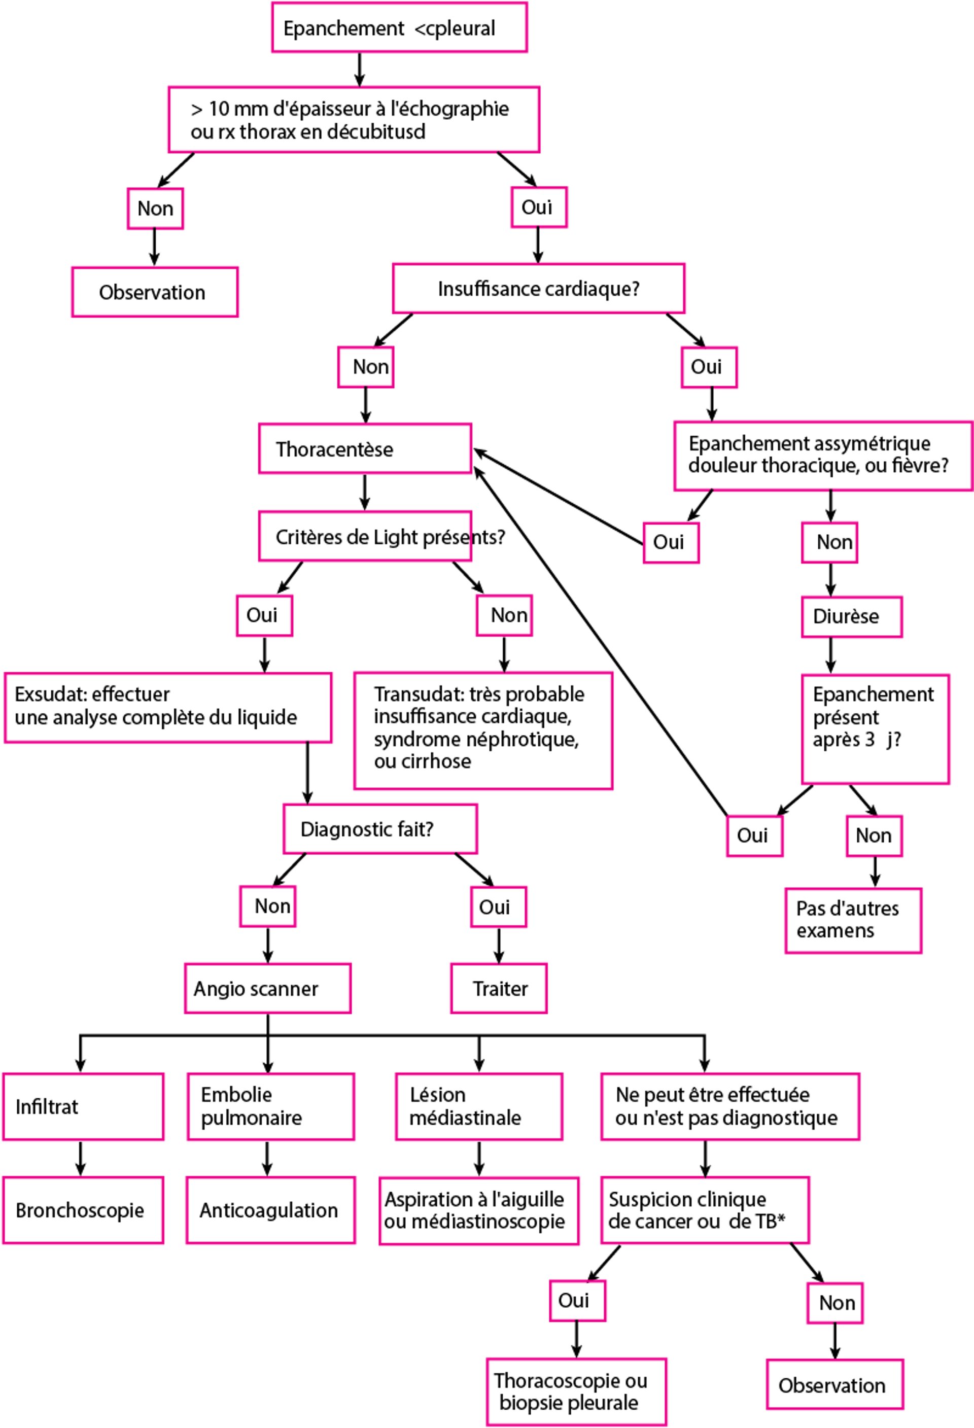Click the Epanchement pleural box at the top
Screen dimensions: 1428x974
[x=399, y=28]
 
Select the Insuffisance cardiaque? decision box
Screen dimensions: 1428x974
[x=538, y=289]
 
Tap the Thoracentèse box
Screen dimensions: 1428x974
[x=365, y=449]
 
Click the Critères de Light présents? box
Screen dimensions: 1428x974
[x=365, y=536]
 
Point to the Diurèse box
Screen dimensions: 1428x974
[x=851, y=616]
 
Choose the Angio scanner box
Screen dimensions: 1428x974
[x=268, y=989]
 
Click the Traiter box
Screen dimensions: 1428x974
[x=499, y=989]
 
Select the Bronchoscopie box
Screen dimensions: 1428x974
[x=83, y=1210]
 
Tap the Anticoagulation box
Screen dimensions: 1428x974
[x=270, y=1210]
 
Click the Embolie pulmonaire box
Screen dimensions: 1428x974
[x=270, y=1106]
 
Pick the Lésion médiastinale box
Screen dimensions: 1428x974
[x=479, y=1106]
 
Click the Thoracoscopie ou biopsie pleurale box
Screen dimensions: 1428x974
[x=576, y=1392]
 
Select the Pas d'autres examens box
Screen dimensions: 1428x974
[x=853, y=920]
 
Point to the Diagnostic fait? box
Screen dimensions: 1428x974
[x=380, y=829]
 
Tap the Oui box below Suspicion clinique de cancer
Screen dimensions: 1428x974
[x=577, y=1301]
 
